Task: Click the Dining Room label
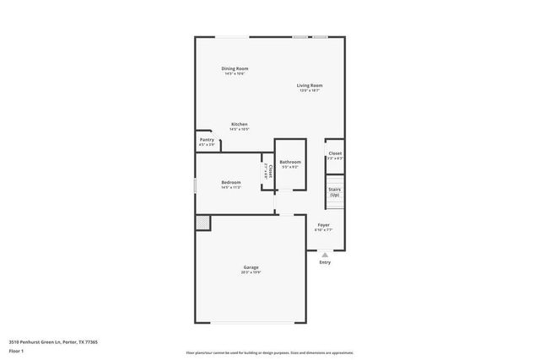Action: pyautogui.click(x=235, y=68)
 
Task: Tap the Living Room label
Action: pyautogui.click(x=310, y=85)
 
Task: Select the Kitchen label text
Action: pyautogui.click(x=240, y=124)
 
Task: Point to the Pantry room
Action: pyautogui.click(x=207, y=142)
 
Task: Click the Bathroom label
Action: pyautogui.click(x=290, y=162)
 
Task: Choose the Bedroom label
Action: pyautogui.click(x=231, y=182)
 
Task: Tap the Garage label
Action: pyautogui.click(x=251, y=268)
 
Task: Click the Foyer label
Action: pyautogui.click(x=323, y=225)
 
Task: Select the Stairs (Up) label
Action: pyautogui.click(x=334, y=191)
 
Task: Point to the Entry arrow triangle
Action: pyautogui.click(x=325, y=253)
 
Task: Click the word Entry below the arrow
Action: pyautogui.click(x=325, y=262)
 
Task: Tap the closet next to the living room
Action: pyautogui.click(x=334, y=155)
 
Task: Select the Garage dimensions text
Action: pyautogui.click(x=251, y=273)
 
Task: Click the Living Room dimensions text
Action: pyautogui.click(x=310, y=90)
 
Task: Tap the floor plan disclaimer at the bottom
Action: pyautogui.click(x=270, y=352)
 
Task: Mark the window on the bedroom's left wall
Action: pyautogui.click(x=195, y=184)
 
